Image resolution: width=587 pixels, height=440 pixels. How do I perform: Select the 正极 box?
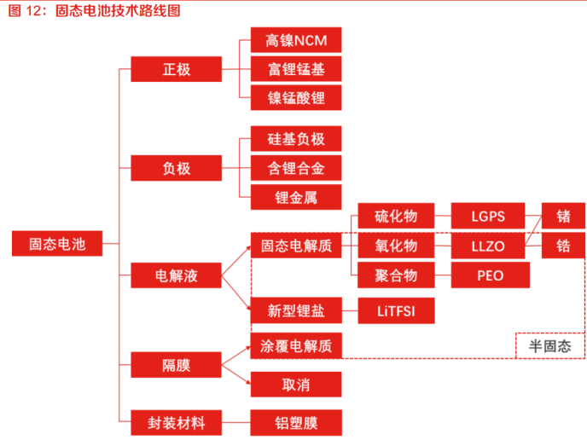tap(176, 69)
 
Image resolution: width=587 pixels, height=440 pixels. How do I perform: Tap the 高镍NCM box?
tap(296, 40)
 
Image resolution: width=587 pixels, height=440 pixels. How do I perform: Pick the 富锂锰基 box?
tap(296, 69)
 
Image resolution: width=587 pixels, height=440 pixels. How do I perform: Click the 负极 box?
tap(176, 168)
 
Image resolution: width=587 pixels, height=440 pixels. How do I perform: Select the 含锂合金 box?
tap(296, 168)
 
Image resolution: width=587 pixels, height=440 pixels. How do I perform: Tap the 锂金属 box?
tap(296, 197)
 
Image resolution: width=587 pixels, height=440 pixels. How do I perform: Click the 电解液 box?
tap(176, 275)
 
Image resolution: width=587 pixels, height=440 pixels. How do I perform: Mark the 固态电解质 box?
tap(296, 246)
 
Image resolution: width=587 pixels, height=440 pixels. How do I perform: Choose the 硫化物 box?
tap(396, 217)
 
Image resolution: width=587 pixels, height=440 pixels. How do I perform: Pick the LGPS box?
tap(489, 217)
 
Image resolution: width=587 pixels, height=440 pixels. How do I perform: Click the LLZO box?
tap(489, 246)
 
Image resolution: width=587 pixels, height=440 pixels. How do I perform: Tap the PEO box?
tap(489, 275)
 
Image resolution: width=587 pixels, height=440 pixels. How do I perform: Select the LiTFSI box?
tap(396, 310)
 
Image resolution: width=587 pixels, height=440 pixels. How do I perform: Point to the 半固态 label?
tap(550, 346)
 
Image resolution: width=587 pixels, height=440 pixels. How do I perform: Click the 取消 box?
tap(296, 384)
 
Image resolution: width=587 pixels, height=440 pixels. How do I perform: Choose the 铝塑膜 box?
tap(296, 422)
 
